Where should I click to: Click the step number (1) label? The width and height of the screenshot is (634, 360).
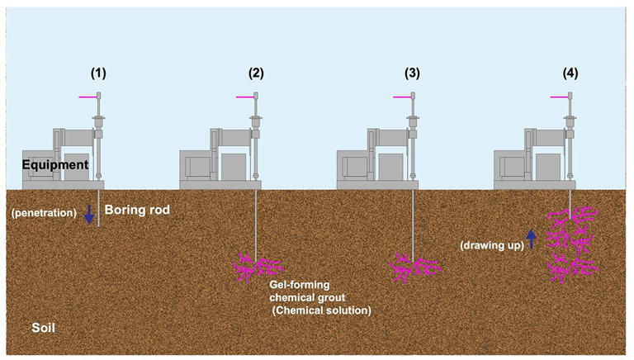[x=98, y=73]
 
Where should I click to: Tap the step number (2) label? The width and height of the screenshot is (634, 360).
[x=256, y=73]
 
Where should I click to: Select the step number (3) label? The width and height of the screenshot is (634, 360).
[x=413, y=73]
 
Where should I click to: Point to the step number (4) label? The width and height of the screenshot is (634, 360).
[x=570, y=73]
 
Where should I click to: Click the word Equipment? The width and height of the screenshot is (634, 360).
[x=56, y=165]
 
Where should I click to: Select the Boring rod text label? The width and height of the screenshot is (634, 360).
[x=137, y=211]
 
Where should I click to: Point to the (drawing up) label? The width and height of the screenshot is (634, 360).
[x=493, y=244]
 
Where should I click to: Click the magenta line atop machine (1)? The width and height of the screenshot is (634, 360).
[x=88, y=97]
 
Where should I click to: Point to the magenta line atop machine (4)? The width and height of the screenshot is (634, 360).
[x=559, y=97]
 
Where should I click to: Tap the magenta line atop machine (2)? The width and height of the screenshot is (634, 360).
[x=244, y=97]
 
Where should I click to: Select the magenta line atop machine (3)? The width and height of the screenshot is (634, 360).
[x=402, y=97]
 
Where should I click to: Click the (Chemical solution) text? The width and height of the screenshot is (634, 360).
[x=320, y=310]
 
